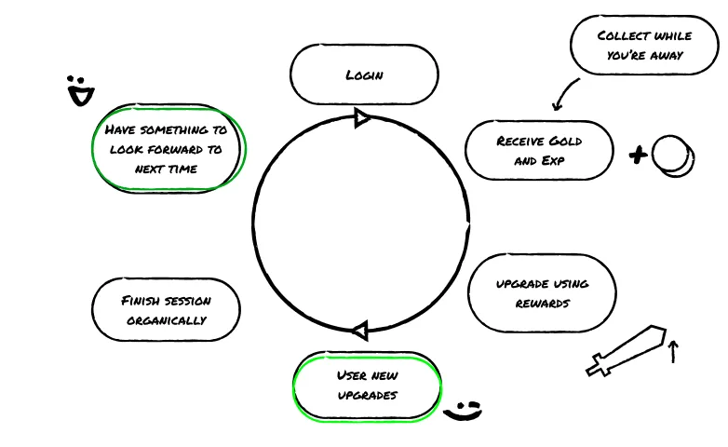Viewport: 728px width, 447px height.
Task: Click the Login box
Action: (x=364, y=74)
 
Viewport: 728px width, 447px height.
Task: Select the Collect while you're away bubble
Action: (x=644, y=45)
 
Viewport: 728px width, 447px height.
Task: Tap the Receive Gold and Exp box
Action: (x=539, y=150)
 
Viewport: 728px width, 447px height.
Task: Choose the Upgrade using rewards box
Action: (x=542, y=292)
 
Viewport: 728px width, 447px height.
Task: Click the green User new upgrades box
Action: (x=367, y=386)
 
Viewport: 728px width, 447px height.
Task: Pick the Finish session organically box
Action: (x=166, y=309)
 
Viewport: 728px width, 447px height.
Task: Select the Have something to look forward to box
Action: (x=169, y=149)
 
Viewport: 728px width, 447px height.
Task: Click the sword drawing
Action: (x=627, y=351)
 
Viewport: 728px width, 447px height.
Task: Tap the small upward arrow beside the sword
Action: (x=673, y=352)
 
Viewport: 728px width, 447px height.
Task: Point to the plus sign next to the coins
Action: (x=638, y=155)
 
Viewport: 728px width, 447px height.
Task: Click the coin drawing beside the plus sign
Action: (x=673, y=156)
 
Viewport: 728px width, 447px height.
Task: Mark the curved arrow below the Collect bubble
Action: (x=563, y=94)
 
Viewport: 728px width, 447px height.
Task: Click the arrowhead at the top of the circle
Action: (x=362, y=118)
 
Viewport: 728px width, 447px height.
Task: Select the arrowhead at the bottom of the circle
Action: (x=361, y=331)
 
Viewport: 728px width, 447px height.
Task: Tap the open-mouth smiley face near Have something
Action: (x=80, y=90)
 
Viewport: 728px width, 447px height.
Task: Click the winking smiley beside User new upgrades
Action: (x=463, y=412)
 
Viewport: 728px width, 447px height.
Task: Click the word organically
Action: (x=167, y=320)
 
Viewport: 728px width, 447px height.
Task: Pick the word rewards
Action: (x=543, y=304)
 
